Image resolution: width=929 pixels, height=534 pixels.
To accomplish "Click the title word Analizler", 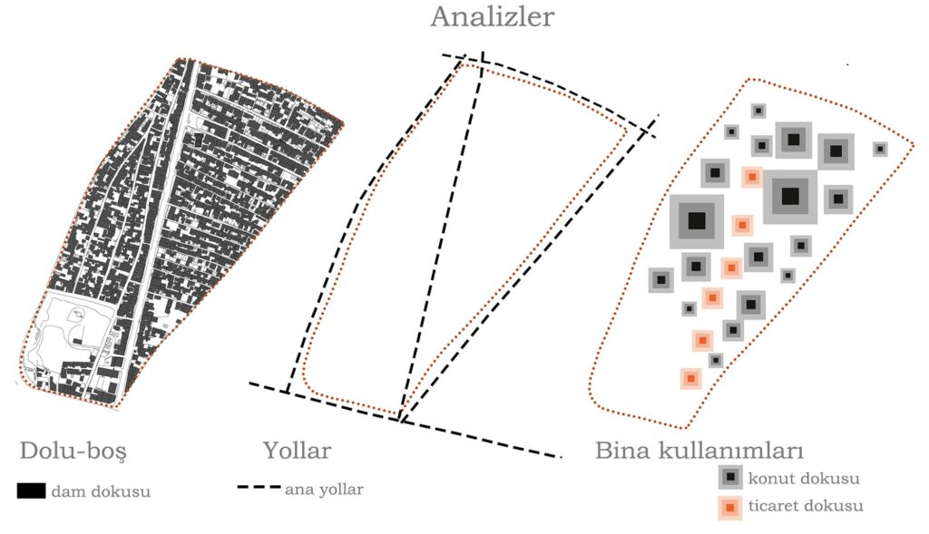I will pyautogui.click(x=492, y=17).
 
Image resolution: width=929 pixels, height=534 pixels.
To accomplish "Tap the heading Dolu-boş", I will pyautogui.click(x=73, y=451).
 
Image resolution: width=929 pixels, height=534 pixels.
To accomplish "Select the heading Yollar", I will pyautogui.click(x=297, y=451).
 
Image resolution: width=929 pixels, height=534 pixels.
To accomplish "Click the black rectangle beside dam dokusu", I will pyautogui.click(x=31, y=491).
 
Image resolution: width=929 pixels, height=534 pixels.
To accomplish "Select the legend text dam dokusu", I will pyautogui.click(x=101, y=491).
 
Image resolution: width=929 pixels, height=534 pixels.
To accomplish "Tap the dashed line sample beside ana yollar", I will pyautogui.click(x=259, y=488).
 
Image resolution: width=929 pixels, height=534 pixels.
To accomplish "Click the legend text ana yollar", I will pyautogui.click(x=325, y=490).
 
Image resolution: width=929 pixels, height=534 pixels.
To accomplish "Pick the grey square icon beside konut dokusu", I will pyautogui.click(x=730, y=478).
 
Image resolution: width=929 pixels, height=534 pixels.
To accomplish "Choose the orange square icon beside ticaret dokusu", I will pyautogui.click(x=730, y=507).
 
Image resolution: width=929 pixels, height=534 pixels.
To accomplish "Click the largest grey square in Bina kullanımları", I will pyautogui.click(x=697, y=220).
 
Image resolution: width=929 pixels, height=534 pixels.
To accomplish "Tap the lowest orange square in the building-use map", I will pyautogui.click(x=691, y=377).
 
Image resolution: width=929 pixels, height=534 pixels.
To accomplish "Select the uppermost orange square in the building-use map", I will pyautogui.click(x=751, y=176).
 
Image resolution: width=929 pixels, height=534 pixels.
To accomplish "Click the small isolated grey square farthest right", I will pyautogui.click(x=879, y=149).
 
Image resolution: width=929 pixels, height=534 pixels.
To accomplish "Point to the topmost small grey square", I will pyautogui.click(x=758, y=111).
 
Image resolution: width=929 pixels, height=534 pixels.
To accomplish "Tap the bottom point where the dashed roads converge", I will pyautogui.click(x=400, y=420).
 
